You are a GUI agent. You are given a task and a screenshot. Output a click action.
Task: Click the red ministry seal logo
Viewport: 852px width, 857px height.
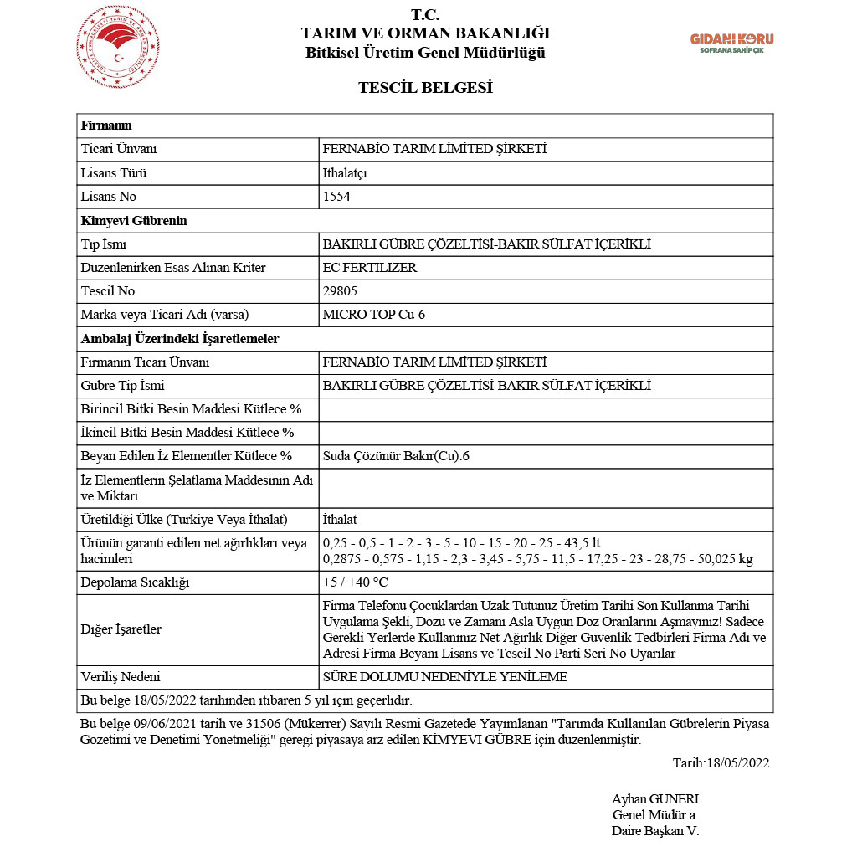[x=118, y=47]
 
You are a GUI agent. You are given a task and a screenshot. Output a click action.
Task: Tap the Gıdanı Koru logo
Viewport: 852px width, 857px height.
[x=731, y=43]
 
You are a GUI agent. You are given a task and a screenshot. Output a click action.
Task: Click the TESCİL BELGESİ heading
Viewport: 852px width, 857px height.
[x=425, y=87]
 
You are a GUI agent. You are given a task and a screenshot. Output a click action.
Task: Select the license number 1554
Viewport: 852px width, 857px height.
[x=336, y=197]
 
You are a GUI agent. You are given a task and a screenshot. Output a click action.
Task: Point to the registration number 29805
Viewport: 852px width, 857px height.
[x=339, y=291]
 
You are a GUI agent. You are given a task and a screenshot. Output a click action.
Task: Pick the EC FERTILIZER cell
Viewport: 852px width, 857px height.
[x=369, y=268]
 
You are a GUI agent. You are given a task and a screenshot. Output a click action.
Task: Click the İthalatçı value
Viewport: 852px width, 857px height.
[x=345, y=173]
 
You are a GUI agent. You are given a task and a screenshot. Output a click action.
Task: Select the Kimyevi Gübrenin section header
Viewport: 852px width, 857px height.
[x=134, y=221]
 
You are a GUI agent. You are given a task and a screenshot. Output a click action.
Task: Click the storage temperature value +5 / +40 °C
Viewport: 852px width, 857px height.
[x=355, y=582]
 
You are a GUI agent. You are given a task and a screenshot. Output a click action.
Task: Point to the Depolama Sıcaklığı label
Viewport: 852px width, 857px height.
[x=136, y=582]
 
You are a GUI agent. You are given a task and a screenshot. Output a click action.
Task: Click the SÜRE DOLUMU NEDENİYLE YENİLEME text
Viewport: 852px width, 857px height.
[x=444, y=677]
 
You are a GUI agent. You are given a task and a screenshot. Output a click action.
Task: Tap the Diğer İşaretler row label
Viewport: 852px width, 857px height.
[x=121, y=629]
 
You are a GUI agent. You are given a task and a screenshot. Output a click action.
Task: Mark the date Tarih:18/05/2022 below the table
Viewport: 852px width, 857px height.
[x=721, y=762]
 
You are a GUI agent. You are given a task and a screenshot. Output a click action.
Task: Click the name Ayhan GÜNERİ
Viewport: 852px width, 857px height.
[x=654, y=798]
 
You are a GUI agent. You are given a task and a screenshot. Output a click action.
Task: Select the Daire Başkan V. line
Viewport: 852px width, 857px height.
[x=654, y=831]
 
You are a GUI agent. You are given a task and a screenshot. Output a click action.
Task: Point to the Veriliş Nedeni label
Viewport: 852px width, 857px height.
[x=121, y=677]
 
